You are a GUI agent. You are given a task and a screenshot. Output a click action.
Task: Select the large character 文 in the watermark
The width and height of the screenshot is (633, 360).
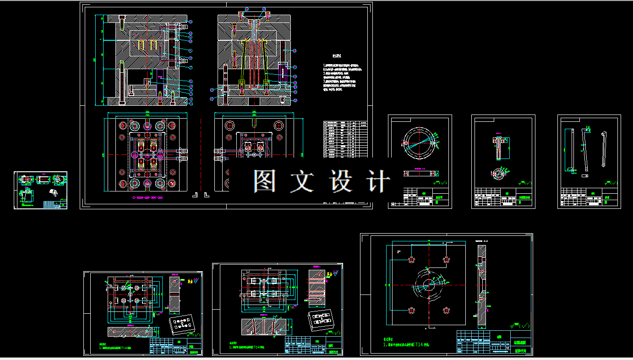pyautogui.click(x=302, y=181)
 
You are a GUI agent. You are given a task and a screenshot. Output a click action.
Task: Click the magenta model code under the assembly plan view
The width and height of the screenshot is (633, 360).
pyautogui.click(x=147, y=198)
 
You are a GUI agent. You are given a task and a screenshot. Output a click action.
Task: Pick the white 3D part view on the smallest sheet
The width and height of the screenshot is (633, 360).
pyautogui.click(x=54, y=193)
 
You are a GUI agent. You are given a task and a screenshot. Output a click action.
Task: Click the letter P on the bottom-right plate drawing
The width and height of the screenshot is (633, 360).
pyautogui.click(x=399, y=251)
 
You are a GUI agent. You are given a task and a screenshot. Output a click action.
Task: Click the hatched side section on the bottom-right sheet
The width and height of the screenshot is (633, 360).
pyautogui.click(x=481, y=286)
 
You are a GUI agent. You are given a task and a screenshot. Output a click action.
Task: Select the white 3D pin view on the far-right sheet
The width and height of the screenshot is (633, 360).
pyautogui.click(x=604, y=149)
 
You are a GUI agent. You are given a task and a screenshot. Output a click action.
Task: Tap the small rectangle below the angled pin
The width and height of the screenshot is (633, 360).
pyautogui.click(x=584, y=175)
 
